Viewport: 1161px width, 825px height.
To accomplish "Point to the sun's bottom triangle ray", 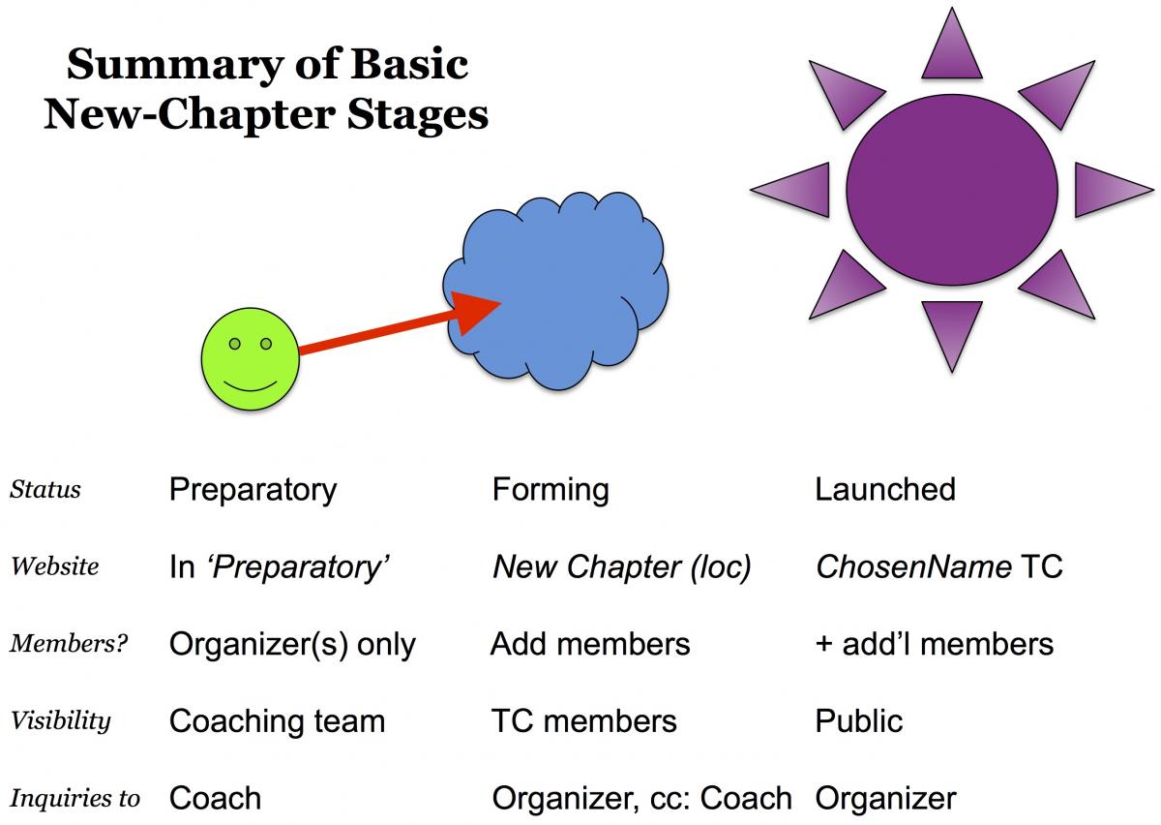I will click(x=952, y=331).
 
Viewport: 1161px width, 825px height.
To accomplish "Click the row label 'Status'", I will click(x=45, y=489).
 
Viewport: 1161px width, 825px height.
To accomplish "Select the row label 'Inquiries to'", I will click(x=74, y=799).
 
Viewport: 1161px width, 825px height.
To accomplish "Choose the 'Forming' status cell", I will click(x=551, y=489).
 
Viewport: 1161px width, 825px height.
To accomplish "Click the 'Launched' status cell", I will click(x=885, y=489).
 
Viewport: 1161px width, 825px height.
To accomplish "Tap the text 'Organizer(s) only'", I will click(x=292, y=644).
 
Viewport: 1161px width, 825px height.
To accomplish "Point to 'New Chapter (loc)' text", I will click(x=622, y=566).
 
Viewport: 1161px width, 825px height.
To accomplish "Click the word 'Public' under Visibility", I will click(x=859, y=721).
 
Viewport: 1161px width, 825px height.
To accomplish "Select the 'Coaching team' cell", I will click(x=277, y=721).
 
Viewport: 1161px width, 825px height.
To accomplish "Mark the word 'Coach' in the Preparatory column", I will click(x=215, y=799).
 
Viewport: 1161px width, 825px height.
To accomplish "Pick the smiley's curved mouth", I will click(x=250, y=384).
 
